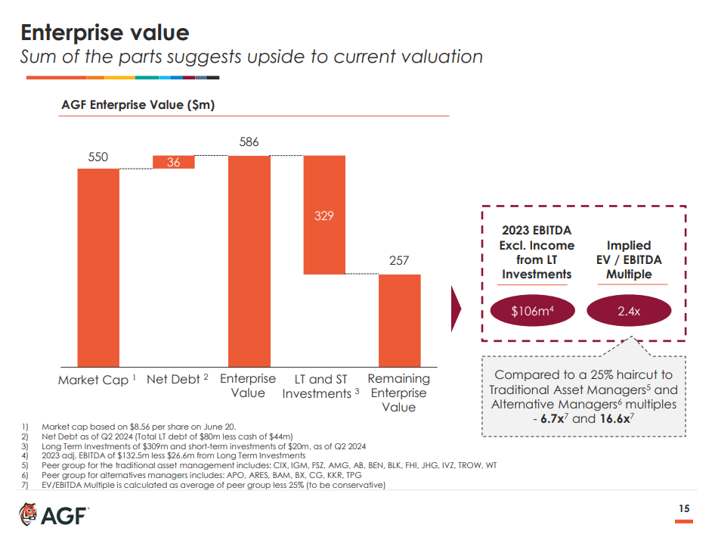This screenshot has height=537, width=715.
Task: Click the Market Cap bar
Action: click(98, 267)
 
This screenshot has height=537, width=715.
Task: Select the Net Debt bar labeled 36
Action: click(174, 162)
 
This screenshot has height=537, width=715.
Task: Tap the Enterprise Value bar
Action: click(249, 261)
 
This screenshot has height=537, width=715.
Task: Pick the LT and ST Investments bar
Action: click(324, 215)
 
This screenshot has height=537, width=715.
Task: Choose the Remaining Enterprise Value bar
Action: click(399, 320)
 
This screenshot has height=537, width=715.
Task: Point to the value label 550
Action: click(98, 157)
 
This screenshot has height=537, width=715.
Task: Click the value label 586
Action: click(249, 142)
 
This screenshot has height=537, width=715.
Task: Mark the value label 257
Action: click(399, 261)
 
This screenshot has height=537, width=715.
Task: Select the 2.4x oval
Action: click(629, 311)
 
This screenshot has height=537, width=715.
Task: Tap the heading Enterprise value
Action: click(104, 33)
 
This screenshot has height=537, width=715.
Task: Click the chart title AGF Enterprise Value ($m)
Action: click(138, 105)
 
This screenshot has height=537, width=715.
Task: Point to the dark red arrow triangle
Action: click(456, 309)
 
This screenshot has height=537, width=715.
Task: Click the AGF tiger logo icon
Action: click(28, 514)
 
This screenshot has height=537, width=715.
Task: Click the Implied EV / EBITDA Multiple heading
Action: click(629, 259)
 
